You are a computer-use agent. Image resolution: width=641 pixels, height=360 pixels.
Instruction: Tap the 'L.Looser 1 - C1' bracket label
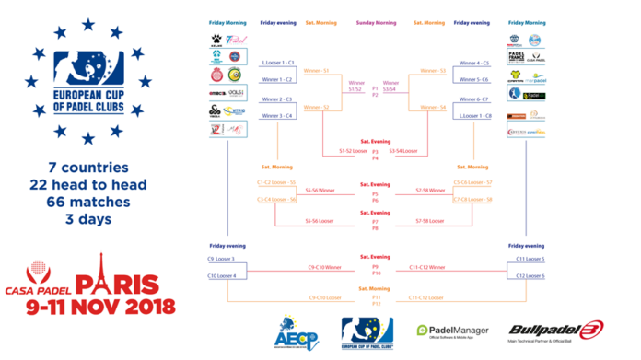[x=277, y=63]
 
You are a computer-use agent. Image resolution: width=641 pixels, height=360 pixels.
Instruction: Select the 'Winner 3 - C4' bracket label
[x=277, y=116]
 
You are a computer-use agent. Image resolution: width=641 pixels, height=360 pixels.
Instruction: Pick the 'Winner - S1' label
[x=317, y=71]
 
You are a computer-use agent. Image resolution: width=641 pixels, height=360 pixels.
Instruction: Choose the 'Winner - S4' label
[x=432, y=108]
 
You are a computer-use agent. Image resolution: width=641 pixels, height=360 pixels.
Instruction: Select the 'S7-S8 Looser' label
[x=431, y=221]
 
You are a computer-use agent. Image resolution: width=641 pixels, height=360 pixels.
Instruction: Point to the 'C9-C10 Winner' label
[x=323, y=267]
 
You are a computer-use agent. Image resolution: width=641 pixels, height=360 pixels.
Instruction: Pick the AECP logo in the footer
[x=291, y=331]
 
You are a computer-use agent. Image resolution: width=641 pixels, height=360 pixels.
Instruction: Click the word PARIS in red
[x=120, y=284]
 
